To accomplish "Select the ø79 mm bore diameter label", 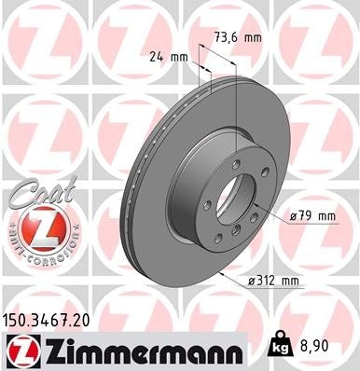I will [312, 216].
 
